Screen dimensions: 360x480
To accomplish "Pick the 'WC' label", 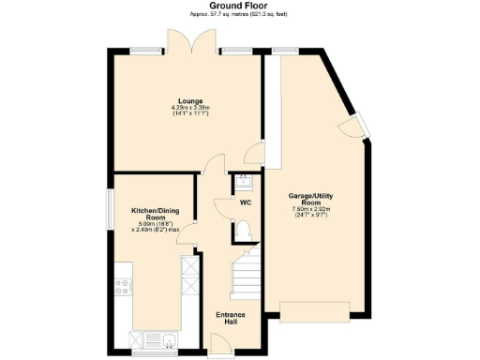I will (x=246, y=202).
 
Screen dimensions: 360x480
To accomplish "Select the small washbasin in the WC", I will (x=242, y=180).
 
